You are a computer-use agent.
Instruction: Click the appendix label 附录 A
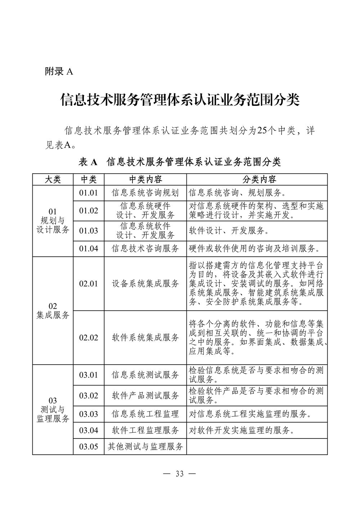(59, 72)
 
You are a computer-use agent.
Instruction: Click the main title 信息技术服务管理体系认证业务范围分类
(180, 100)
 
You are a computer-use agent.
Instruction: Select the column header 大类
(53, 179)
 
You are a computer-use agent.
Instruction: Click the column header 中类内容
(145, 179)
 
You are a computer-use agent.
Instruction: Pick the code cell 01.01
(89, 193)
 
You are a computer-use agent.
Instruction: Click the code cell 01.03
(89, 231)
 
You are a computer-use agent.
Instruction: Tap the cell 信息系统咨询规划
(145, 193)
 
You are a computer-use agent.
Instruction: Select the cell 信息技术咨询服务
(145, 248)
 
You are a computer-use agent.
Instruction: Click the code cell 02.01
(89, 284)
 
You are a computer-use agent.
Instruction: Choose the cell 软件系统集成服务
(145, 337)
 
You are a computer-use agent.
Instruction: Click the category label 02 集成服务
(53, 311)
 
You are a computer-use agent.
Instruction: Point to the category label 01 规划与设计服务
(53, 221)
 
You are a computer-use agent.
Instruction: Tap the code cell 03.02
(89, 396)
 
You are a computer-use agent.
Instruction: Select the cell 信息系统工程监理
(145, 414)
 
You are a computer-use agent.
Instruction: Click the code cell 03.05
(89, 447)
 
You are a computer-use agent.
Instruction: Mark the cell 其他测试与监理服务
(145, 447)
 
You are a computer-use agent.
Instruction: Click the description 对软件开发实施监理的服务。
(239, 430)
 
